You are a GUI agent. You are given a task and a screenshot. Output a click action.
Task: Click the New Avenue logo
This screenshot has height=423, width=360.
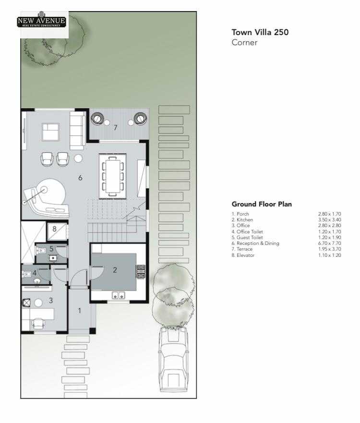pos(41,21)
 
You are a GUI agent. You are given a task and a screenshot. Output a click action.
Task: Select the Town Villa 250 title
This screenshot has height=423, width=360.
pos(260,32)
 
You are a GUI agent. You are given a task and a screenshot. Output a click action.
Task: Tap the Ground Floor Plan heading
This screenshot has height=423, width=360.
pos(262,204)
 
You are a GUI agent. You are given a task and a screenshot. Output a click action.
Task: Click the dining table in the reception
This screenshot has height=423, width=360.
pos(113,176)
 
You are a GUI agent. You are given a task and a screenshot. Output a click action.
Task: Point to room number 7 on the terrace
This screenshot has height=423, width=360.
pos(115,127)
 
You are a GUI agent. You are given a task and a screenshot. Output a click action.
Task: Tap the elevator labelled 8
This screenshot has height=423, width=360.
pos(57,231)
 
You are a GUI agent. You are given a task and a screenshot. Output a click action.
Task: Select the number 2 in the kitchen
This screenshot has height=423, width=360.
pos(115,270)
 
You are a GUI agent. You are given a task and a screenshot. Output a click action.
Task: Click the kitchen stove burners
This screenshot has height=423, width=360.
pos(141,272)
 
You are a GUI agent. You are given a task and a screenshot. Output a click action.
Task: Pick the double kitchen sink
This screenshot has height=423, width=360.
pos(119,295)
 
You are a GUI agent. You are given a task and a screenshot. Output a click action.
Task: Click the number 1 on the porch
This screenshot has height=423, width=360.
pos(80,311)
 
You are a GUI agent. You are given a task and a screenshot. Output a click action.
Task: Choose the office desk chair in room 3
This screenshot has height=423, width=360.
pos(38,323)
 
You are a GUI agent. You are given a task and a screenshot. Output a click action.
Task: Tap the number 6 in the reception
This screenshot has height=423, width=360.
pos(80,178)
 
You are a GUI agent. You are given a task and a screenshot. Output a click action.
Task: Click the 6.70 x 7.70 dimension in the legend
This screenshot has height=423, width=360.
pos(329,243)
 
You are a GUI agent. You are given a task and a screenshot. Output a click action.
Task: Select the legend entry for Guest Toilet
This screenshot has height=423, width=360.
pos(247,237)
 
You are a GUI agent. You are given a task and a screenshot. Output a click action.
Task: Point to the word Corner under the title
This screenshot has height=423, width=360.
pos(244,43)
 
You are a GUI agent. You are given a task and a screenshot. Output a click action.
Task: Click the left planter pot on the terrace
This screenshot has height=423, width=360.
pos(97,118)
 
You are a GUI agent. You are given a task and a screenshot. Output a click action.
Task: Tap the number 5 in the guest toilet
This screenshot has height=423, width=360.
pos(51,249)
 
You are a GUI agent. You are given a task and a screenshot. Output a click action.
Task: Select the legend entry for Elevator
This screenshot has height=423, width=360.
pos(243,255)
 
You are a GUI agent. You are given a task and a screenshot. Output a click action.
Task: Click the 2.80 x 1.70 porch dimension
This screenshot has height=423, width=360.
pos(329,214)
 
